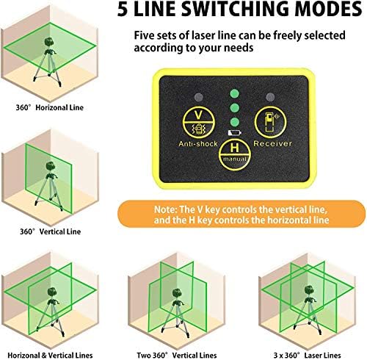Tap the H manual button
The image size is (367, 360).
[x=235, y=154]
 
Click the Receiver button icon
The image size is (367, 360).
[x=270, y=122]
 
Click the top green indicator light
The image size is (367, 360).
[x=234, y=93]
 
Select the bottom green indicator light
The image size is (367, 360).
[x=234, y=122]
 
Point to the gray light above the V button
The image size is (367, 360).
[x=199, y=98]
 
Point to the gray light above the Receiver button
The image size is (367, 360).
[x=270, y=97]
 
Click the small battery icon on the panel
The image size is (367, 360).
[x=234, y=133]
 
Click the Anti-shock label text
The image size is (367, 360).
[x=198, y=143]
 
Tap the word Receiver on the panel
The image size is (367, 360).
[x=272, y=143]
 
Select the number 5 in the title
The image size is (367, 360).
[x=123, y=10]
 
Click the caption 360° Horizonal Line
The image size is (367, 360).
[x=49, y=107]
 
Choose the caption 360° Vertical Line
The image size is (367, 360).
[x=50, y=231]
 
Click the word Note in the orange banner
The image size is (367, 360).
[x=164, y=210]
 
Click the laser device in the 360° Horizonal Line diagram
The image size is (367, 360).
[x=49, y=42]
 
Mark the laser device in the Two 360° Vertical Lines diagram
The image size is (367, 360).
[x=177, y=293]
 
